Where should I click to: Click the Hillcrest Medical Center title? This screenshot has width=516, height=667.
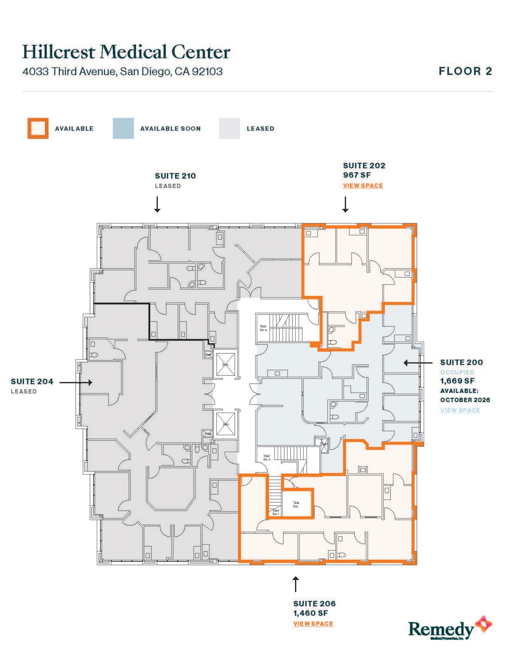pos(126,52)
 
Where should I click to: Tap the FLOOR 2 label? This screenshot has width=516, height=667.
pos(465,71)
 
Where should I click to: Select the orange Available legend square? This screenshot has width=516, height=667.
pos(38,128)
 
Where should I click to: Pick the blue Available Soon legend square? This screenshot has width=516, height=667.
pos(123,128)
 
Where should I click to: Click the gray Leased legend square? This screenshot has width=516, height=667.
pos(229,128)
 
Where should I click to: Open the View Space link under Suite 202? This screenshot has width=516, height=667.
pos(363,186)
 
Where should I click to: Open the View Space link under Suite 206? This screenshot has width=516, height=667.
pos(313,624)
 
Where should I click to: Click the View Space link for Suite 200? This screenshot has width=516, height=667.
pos(460,410)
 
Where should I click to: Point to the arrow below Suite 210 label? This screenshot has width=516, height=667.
pos(157,205)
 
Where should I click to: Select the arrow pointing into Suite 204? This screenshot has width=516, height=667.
pos(76,382)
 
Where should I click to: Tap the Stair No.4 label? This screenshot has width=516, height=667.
pos(263,328)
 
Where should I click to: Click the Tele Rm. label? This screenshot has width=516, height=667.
pos(296,504)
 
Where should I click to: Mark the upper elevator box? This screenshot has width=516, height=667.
pos(226,364)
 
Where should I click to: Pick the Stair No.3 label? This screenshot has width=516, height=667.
pos(267,458)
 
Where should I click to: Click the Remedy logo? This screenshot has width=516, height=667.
pos(450,629)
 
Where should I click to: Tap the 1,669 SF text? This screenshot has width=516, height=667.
pos(457,381)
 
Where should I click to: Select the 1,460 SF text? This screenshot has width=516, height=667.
pos(310,613)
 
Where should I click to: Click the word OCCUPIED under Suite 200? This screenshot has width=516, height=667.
pos(457,372)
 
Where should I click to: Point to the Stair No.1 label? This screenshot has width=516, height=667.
pos(276,512)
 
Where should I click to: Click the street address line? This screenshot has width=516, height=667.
pos(122,71)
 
